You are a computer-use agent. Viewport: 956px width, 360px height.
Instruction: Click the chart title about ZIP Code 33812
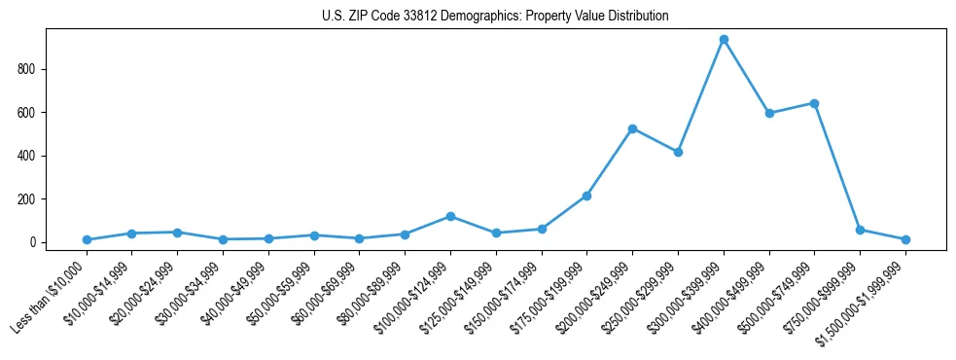pos(495,17)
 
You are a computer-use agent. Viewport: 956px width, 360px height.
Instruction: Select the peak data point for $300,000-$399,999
pos(724,40)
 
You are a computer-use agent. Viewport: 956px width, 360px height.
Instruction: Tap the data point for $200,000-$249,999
pos(632,128)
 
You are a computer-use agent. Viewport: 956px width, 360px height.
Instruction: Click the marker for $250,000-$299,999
pos(678,152)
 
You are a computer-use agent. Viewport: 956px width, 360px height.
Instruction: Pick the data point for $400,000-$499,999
pos(769,113)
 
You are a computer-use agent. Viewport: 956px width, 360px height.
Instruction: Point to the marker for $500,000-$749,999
pos(814,103)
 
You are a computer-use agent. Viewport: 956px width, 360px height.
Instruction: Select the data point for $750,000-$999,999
pos(860,230)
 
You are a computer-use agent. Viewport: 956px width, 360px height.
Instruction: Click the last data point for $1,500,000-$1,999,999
pos(905,239)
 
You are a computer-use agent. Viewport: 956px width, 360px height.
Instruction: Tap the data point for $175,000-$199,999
pos(586,196)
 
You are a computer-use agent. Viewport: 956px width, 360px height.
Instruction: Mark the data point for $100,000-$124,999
pos(450,216)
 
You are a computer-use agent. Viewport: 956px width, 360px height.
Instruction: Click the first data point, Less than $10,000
pos(87,239)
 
